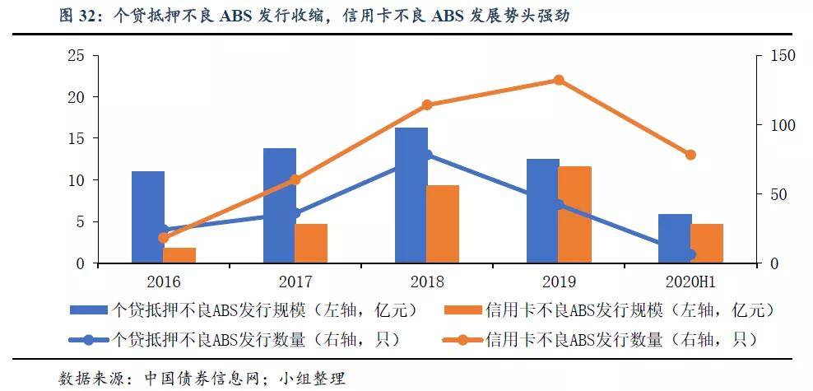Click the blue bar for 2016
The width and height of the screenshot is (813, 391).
(148, 216)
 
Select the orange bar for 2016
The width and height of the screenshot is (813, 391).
(179, 255)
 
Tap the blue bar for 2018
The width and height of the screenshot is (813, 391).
(411, 195)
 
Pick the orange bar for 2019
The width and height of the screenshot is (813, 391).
(574, 215)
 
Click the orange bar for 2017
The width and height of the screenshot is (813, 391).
(311, 243)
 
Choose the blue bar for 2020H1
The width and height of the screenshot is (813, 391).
(675, 239)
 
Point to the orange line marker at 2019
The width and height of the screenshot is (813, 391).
(559, 80)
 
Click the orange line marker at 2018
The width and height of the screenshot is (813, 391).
(427, 105)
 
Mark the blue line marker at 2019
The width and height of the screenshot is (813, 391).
(559, 205)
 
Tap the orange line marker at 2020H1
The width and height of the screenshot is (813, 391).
(690, 155)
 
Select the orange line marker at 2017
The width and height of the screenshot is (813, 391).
(295, 180)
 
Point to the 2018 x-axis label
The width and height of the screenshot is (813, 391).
(427, 282)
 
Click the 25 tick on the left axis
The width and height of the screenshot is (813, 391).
(76, 55)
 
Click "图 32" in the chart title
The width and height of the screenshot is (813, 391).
(77, 16)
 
